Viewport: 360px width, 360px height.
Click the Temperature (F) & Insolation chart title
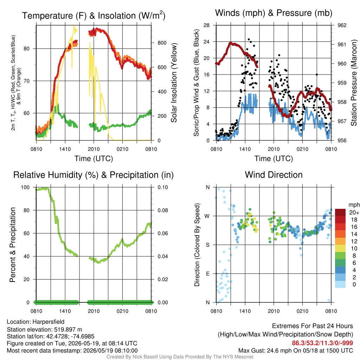94,15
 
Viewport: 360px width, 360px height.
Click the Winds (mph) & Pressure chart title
274,13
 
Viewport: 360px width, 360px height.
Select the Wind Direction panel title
274,175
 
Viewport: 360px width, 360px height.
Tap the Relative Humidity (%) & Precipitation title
94,175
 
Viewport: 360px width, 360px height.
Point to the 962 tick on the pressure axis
342,25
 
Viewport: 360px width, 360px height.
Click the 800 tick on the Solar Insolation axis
162,43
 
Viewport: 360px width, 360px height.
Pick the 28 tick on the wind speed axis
207,25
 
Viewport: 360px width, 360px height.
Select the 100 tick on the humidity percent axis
25,187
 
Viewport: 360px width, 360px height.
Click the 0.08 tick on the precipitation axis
163,210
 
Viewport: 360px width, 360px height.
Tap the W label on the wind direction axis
207,216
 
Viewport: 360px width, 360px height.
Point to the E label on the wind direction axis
208,274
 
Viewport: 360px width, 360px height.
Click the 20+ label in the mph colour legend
354,213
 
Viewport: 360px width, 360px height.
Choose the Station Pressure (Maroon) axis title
354,83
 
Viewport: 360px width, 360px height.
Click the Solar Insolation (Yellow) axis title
174,83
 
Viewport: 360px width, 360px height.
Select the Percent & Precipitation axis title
12,245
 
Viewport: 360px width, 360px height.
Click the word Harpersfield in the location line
49,322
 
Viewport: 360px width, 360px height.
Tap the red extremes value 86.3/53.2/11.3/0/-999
322,343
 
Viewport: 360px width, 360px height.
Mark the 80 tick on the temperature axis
27,49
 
